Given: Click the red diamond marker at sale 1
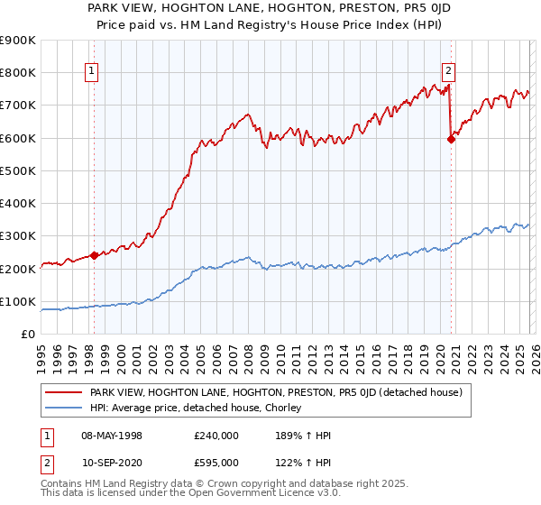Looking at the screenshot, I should click(x=94, y=255).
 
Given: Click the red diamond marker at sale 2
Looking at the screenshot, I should click(x=451, y=139).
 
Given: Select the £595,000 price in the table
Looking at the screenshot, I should click(x=216, y=462).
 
